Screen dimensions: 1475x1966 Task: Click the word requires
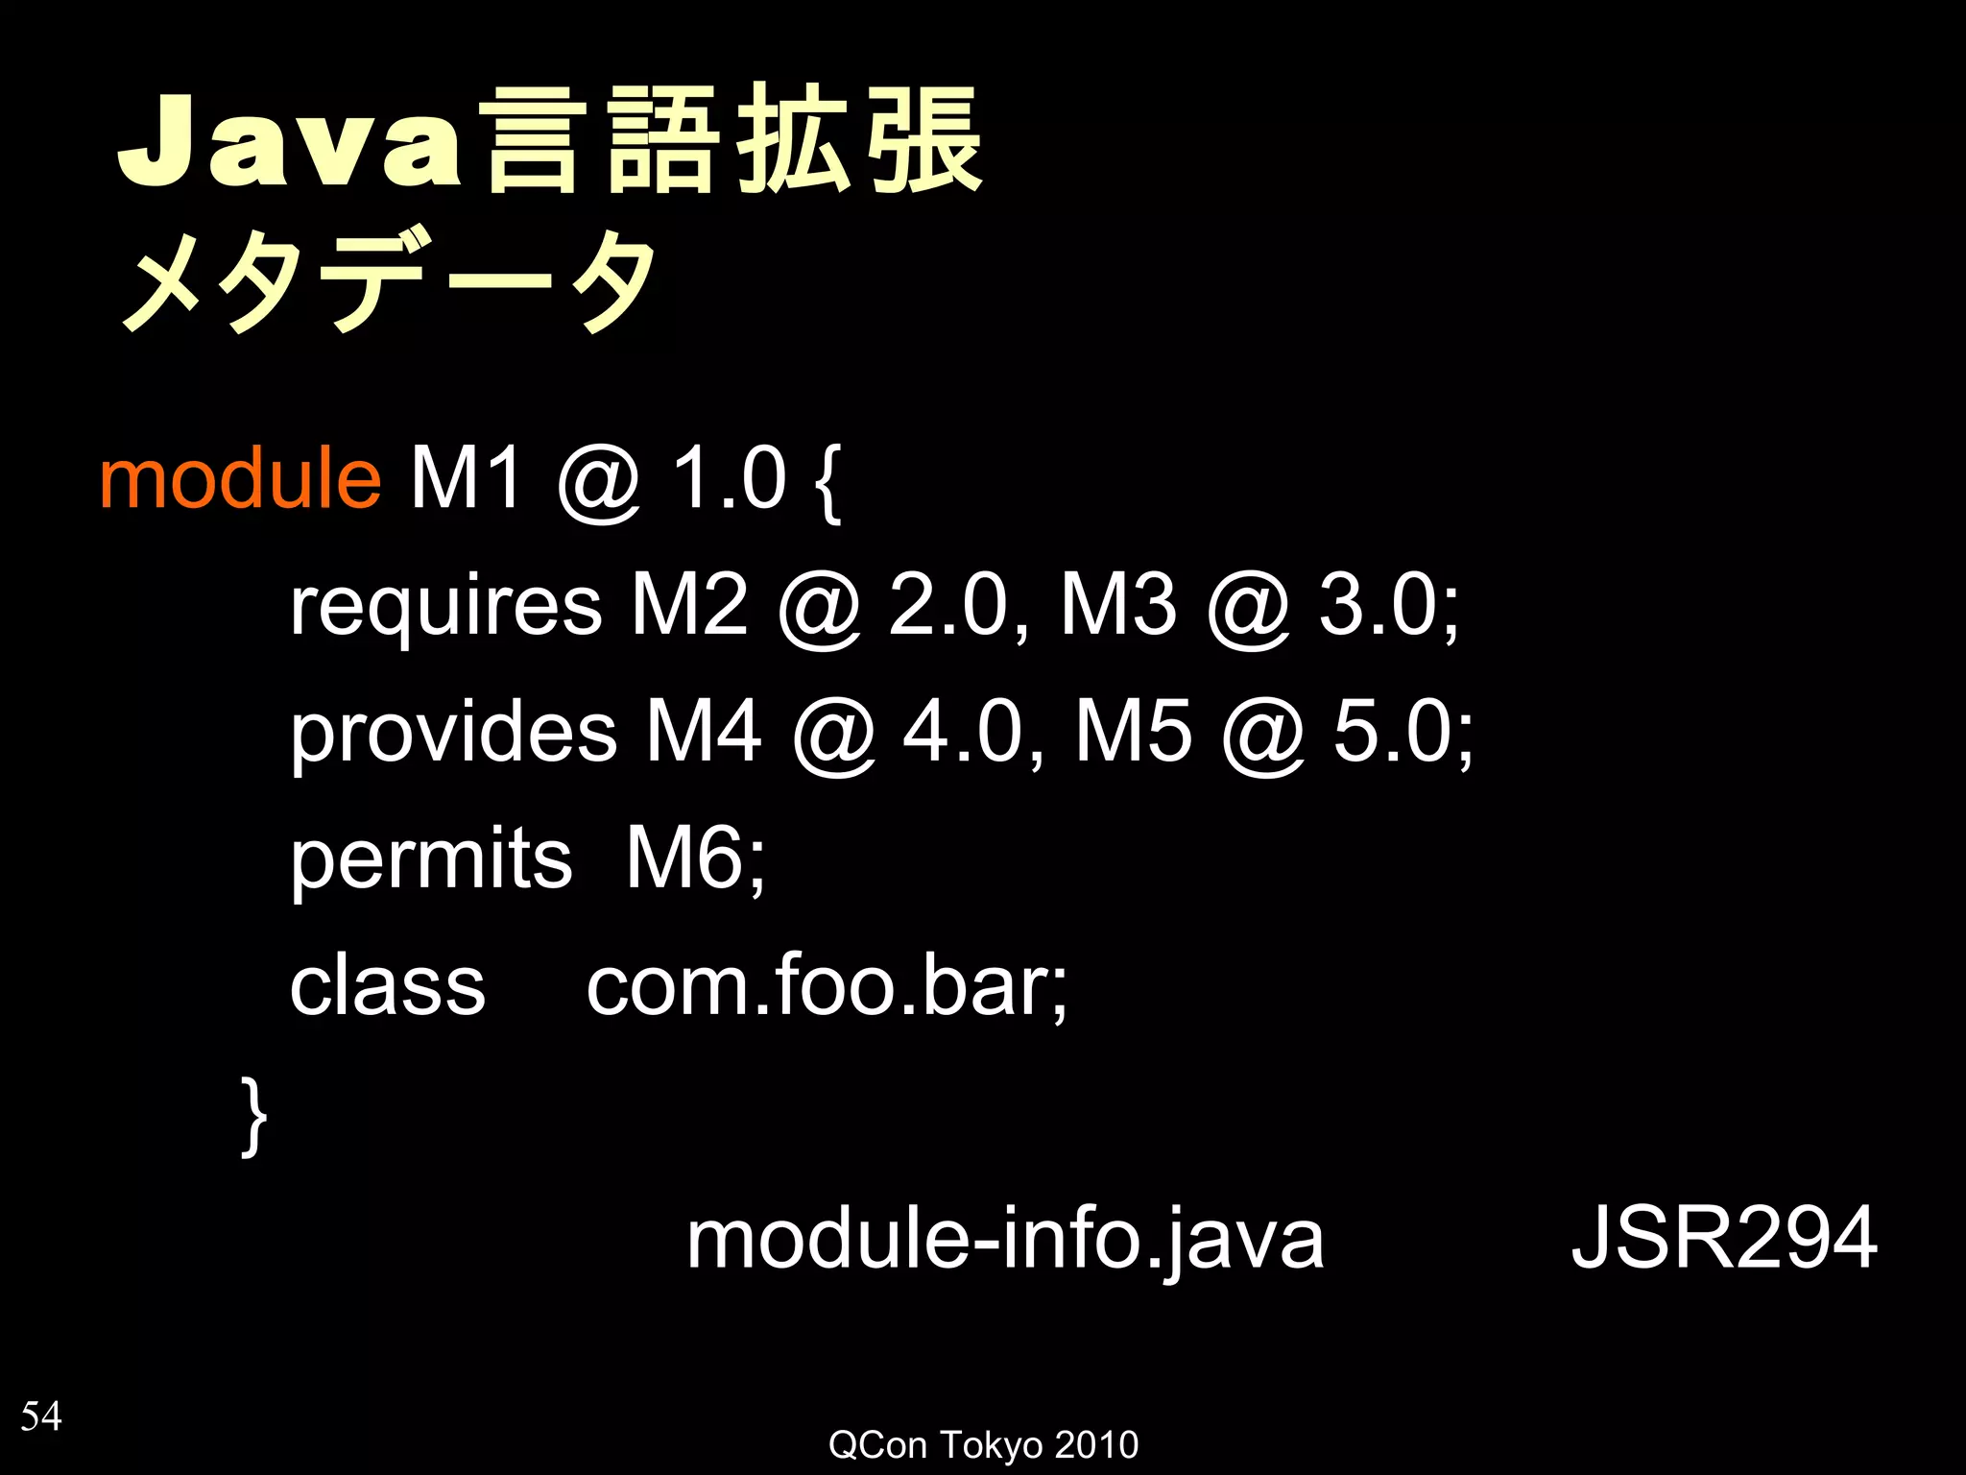pos(445,607)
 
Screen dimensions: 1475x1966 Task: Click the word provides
pos(453,733)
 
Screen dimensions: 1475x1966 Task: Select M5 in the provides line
pos(1133,732)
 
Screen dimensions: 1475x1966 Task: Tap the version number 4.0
pos(963,732)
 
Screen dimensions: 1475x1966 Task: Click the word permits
pos(431,859)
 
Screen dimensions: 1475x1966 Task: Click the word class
pos(388,986)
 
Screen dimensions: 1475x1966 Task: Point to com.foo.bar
pos(827,986)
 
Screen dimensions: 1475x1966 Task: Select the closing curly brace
pos(253,1116)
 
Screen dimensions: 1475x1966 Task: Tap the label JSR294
pos(1724,1239)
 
